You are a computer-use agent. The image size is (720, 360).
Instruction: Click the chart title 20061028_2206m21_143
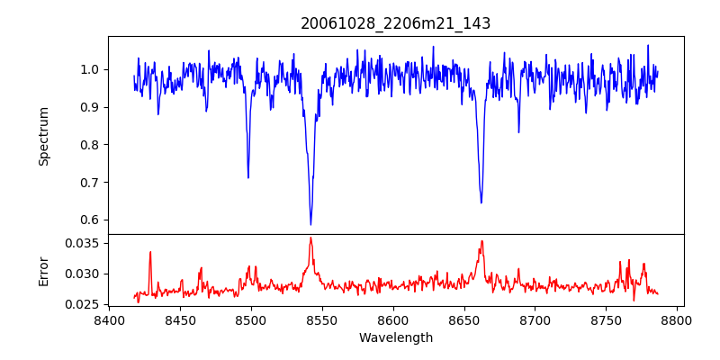395,23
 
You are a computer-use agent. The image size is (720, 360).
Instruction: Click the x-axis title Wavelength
395,337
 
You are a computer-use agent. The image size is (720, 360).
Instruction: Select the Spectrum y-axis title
43,136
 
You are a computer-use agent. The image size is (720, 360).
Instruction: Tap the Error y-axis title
43,271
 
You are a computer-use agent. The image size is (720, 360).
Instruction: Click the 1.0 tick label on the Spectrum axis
90,69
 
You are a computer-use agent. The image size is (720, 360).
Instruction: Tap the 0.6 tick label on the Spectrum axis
90,220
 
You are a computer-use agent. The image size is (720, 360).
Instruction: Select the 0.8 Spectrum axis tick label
90,145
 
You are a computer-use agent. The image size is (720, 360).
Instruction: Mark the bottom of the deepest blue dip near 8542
310,224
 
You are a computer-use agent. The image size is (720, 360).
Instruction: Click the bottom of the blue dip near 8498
248,177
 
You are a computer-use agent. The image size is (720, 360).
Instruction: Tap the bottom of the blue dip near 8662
481,202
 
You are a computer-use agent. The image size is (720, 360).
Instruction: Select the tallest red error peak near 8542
310,238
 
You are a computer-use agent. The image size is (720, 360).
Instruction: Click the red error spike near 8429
150,252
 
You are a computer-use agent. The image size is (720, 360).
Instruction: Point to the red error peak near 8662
481,241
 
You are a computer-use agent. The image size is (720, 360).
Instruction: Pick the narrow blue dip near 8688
518,132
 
